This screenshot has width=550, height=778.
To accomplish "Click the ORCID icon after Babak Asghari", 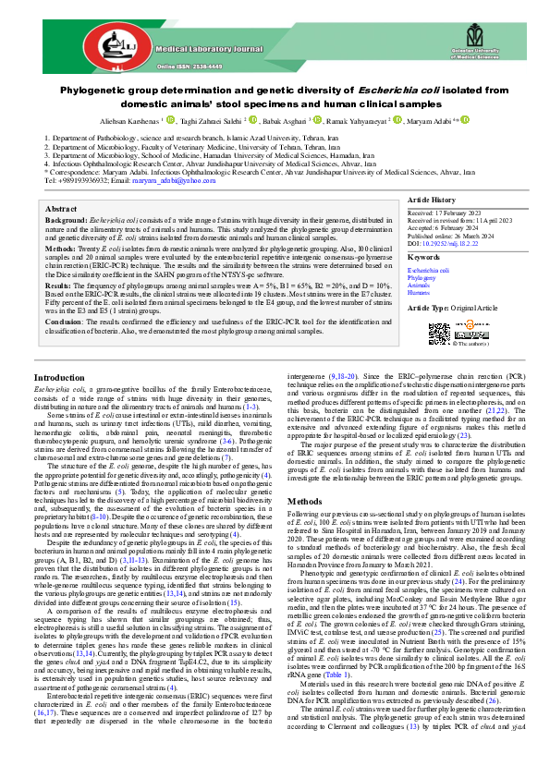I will coord(323,119).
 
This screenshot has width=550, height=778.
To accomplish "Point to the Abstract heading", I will coord(60,210).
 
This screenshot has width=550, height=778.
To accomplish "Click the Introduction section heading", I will coord(61,405).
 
